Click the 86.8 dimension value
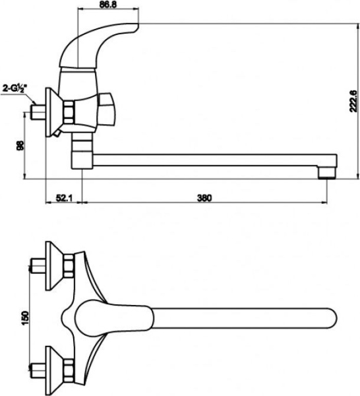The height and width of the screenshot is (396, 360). pyautogui.click(x=108, y=5)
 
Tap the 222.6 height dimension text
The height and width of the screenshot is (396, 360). pyautogui.click(x=353, y=101)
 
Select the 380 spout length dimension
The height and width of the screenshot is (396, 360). pyautogui.click(x=204, y=198)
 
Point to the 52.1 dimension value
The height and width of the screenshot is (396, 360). pyautogui.click(x=64, y=198)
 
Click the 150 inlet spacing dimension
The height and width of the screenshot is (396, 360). pyautogui.click(x=26, y=318)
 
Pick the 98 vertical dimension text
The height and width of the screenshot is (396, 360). pyautogui.click(x=20, y=145)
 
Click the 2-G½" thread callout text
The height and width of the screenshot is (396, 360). pyautogui.click(x=15, y=88)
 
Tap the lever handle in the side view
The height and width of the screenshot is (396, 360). pyautogui.click(x=99, y=46)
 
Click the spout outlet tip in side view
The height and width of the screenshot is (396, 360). pyautogui.click(x=327, y=173)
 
